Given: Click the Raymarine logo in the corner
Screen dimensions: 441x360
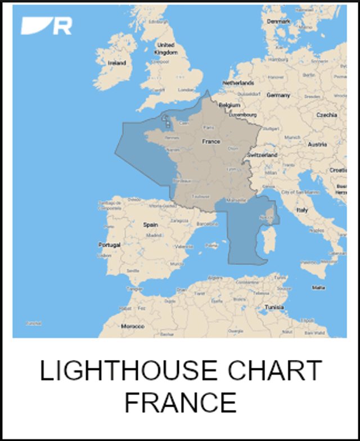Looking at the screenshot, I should pos(46,26).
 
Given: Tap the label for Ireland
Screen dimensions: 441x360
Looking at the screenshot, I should pos(117,63).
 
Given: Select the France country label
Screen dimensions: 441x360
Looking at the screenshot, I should pos(211,142).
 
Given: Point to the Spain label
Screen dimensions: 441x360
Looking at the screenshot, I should pos(150,224).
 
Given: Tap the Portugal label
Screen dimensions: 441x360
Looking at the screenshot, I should pos(109,245).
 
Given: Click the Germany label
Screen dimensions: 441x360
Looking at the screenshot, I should pos(278,96).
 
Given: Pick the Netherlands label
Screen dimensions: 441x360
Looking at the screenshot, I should pos(238,83).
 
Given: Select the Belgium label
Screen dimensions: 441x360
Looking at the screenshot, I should pos(229,105).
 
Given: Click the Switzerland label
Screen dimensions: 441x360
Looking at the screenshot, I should pos(262,154).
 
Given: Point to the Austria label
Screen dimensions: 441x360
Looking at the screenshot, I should pos(317,145).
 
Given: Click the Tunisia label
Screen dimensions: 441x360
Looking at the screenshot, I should pos(274,308).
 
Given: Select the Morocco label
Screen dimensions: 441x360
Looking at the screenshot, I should pos(133,326).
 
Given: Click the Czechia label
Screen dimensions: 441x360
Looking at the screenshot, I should pos(326,115).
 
